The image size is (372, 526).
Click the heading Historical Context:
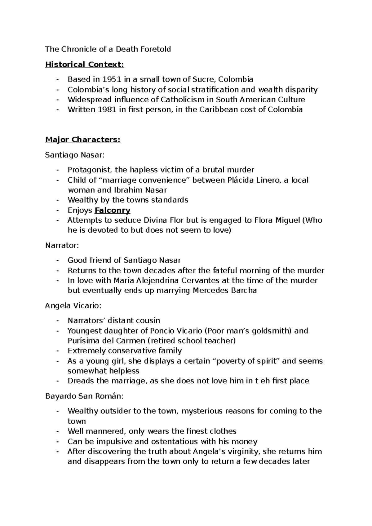[x=84, y=65]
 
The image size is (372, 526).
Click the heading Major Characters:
[x=82, y=140]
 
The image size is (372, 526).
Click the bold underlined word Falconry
[x=113, y=210]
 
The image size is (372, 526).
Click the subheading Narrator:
[x=62, y=245]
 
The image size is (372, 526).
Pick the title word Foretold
[x=156, y=49]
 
